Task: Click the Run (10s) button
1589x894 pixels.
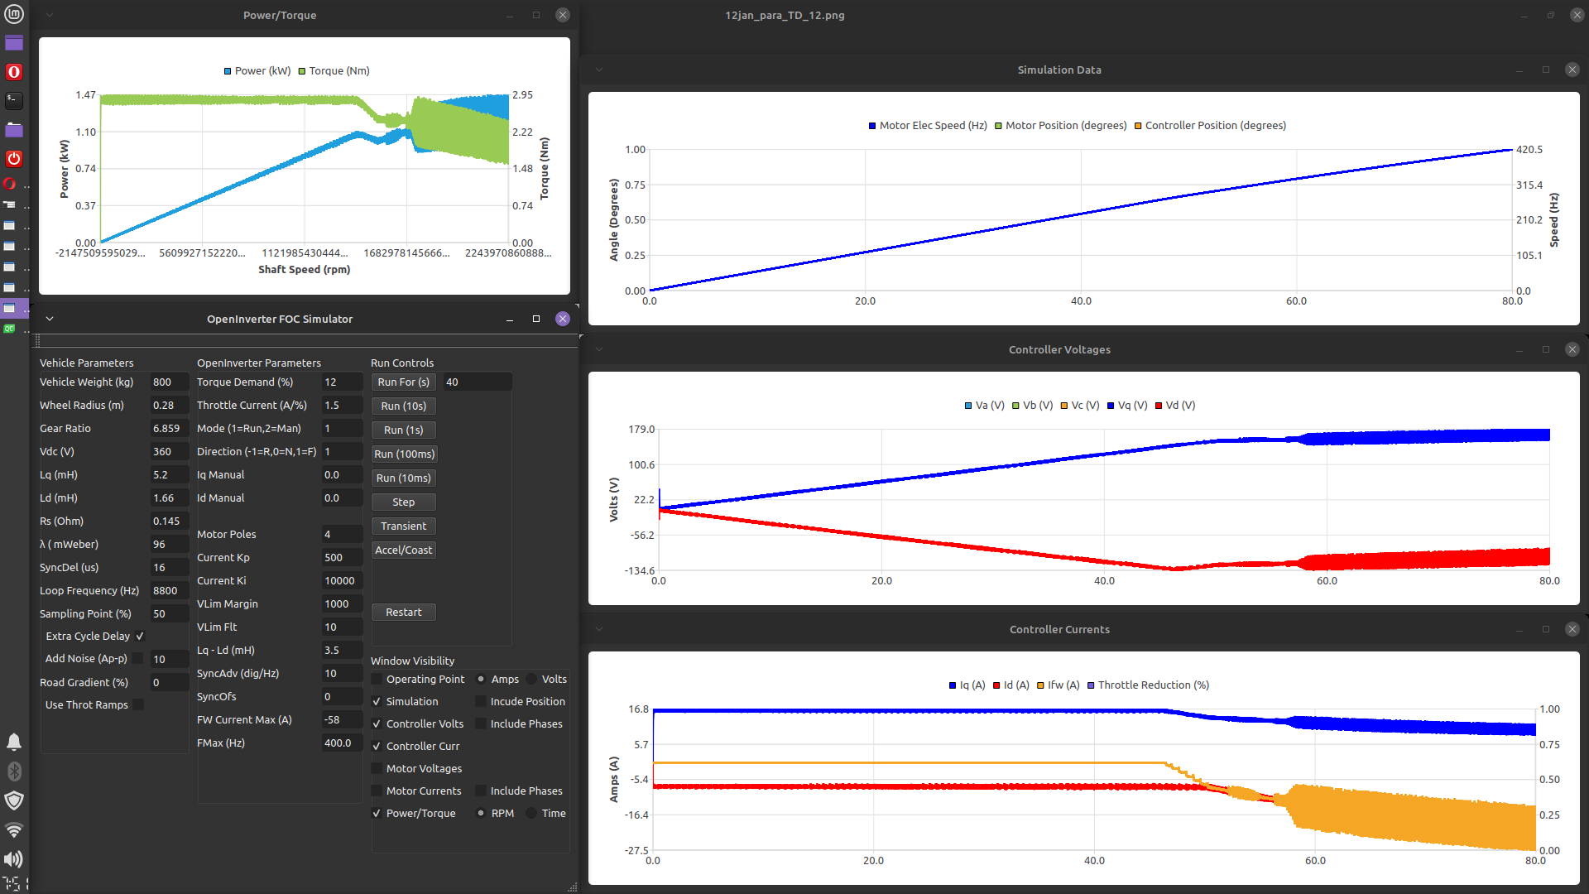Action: tap(403, 406)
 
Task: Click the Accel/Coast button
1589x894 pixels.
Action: tap(403, 550)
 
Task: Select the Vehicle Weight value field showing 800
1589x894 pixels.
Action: tap(169, 382)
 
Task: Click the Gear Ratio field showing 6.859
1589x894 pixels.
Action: tap(169, 428)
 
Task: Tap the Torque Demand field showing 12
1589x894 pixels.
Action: tap(341, 382)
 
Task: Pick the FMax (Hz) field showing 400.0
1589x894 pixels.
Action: tap(341, 743)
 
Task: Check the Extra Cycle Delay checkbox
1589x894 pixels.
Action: tap(140, 636)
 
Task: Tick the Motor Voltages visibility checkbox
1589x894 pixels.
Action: tap(377, 768)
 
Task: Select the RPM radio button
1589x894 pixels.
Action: tap(481, 813)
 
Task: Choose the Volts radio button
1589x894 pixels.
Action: tap(531, 679)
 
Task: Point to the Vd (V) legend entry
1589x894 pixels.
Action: tap(1179, 405)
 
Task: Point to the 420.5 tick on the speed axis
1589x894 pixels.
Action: tap(1529, 150)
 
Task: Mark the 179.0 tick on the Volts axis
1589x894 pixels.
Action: tap(641, 429)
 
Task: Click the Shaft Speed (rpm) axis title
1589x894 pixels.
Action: tap(304, 269)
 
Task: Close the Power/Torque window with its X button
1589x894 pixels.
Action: tap(563, 15)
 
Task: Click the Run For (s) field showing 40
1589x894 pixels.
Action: tap(476, 382)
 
